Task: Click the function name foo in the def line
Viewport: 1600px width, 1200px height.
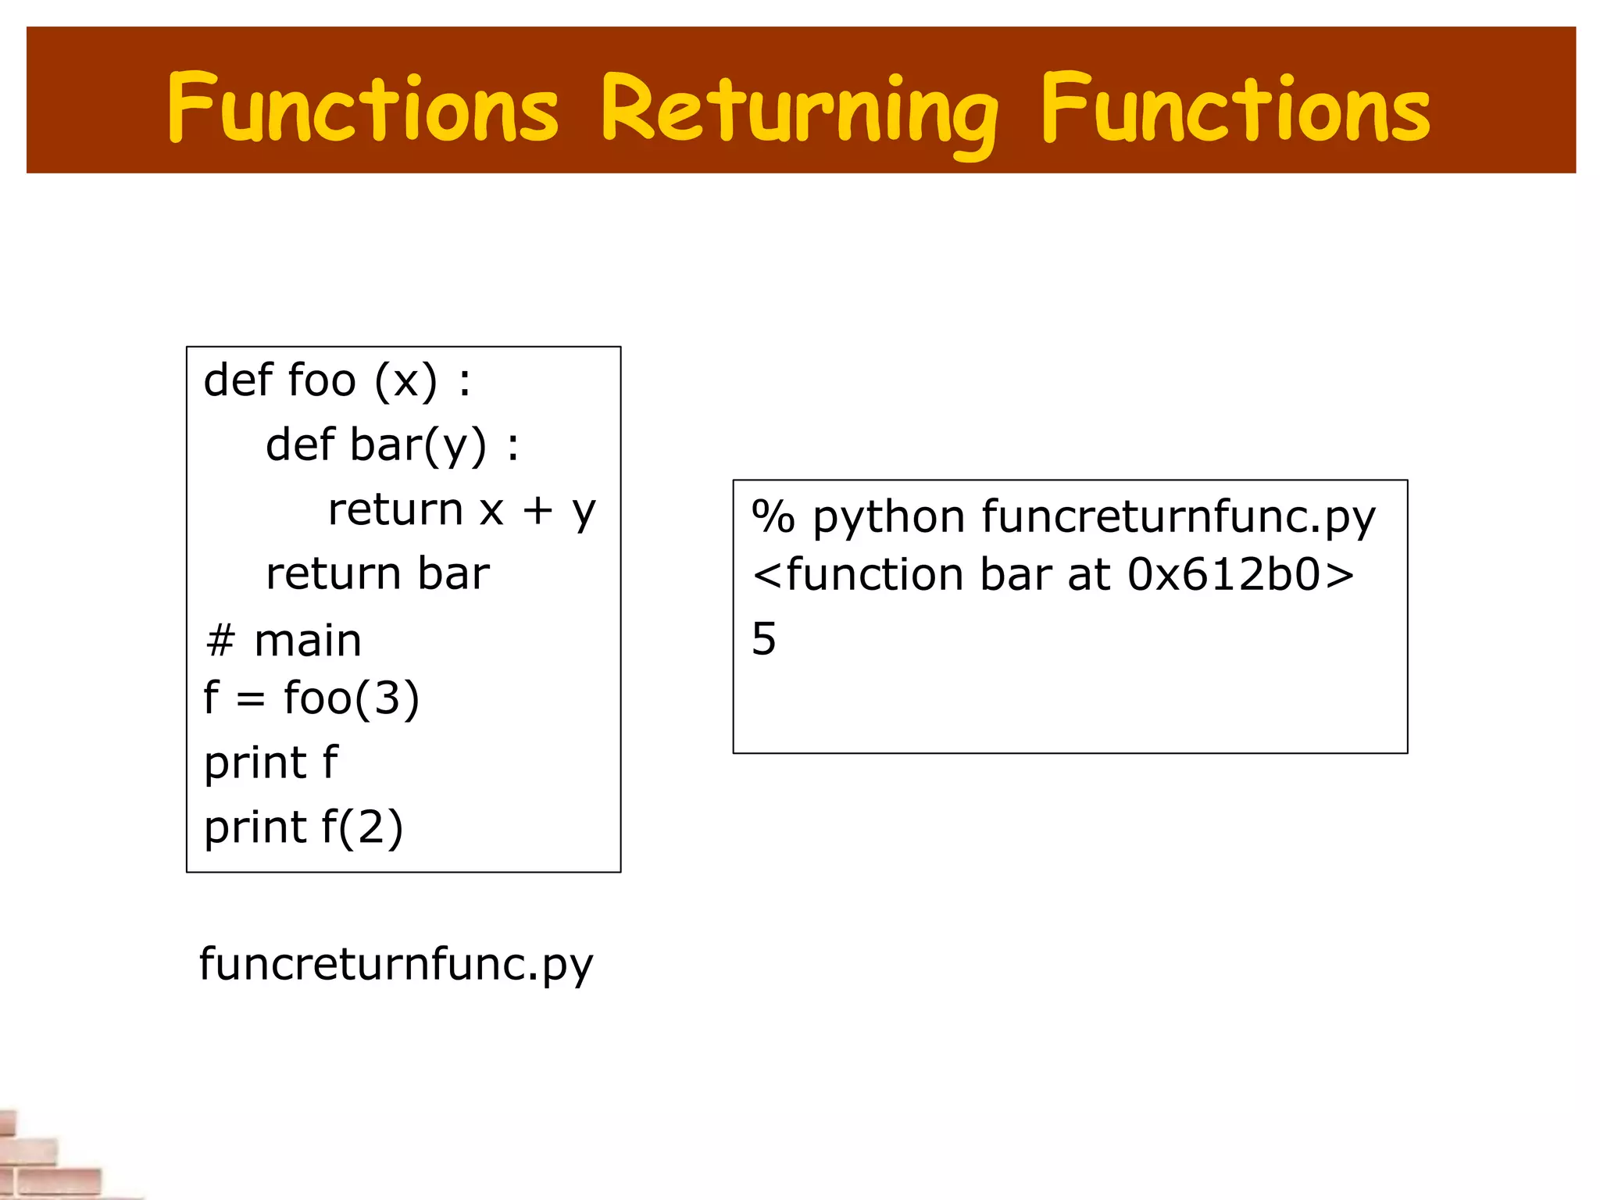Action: [322, 380]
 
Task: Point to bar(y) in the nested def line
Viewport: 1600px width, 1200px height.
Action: [418, 445]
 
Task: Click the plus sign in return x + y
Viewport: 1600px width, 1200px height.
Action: [537, 510]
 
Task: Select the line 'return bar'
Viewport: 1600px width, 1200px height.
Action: [377, 573]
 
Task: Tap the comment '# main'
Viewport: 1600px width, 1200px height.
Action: [284, 641]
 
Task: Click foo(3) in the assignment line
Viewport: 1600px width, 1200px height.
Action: [352, 698]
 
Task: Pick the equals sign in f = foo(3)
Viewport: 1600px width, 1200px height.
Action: [250, 699]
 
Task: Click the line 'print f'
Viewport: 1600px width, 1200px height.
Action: [270, 762]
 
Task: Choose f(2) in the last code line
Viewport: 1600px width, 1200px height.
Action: [362, 827]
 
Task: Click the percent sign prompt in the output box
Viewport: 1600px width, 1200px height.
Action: [773, 517]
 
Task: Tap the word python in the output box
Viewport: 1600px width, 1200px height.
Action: [889, 519]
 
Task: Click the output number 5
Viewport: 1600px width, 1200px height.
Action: [764, 639]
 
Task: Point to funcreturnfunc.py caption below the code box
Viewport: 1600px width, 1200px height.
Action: [396, 965]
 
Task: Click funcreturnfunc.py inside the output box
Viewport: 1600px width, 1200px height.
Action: [1178, 519]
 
